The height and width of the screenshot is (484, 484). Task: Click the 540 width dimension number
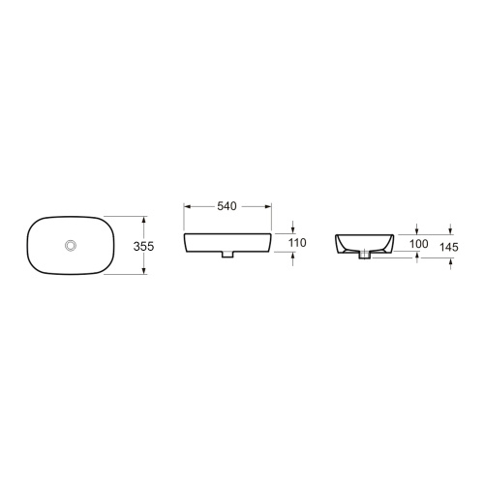coord(227,206)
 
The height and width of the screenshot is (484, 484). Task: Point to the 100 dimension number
coord(417,244)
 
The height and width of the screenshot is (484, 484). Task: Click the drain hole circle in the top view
coord(70,246)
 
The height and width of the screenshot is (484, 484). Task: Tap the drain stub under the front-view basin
coord(227,255)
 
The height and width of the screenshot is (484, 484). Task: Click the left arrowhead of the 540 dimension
coord(188,206)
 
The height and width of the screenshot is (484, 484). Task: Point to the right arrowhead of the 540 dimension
coord(269,206)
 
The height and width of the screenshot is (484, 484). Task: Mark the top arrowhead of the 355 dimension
coord(144,220)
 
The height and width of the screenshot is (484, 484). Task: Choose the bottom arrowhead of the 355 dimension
coord(144,272)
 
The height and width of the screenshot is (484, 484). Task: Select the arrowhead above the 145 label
coord(450,230)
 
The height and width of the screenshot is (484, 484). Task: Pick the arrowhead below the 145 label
coord(450,264)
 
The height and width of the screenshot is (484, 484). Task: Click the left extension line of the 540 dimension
coord(184,218)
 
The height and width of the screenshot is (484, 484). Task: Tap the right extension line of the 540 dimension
coord(273,218)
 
